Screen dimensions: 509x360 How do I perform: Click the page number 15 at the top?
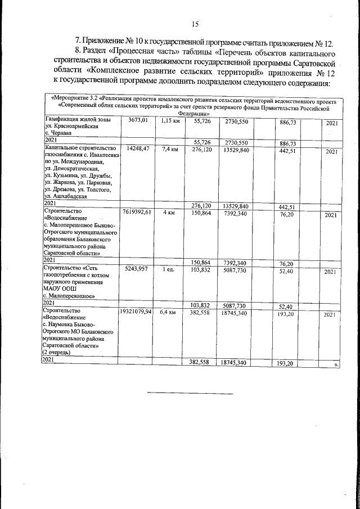[195, 24]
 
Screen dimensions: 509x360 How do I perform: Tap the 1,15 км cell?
[169, 120]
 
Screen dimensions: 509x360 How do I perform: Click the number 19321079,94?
[136, 311]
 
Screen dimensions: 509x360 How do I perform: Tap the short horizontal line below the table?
[190, 392]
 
